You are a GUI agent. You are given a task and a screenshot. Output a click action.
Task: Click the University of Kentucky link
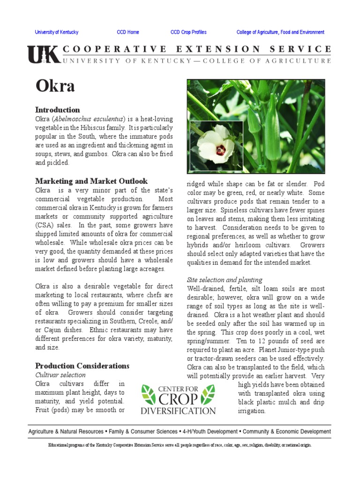57,32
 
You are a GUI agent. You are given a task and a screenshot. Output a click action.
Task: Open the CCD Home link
128,32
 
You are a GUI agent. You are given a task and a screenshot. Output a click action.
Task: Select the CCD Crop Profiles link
188,32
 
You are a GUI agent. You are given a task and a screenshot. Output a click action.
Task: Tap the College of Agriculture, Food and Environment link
280,32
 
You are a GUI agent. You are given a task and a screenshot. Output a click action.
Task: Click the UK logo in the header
43,55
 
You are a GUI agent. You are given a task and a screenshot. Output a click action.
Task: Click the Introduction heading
58,110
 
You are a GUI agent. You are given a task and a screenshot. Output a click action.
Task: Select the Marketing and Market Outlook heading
91,181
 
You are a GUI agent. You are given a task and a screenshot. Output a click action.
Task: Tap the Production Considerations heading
82,366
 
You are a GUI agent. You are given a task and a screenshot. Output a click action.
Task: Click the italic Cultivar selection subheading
61,375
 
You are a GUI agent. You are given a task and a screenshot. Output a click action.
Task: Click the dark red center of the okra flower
221,150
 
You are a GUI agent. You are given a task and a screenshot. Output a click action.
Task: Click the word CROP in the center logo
178,398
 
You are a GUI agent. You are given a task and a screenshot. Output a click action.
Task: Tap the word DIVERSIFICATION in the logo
178,411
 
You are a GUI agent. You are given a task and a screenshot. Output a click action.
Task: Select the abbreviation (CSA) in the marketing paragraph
45,225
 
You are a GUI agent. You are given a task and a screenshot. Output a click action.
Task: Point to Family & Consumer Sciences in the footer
141,431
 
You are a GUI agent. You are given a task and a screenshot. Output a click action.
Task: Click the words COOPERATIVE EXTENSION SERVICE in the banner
197,49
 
